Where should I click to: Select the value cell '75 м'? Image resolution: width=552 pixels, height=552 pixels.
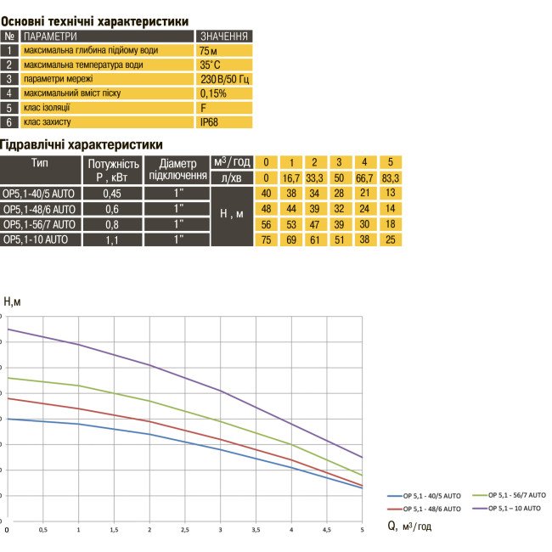click(209, 51)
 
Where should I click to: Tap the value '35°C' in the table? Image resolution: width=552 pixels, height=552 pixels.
click(210, 65)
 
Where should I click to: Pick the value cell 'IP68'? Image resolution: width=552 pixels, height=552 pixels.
click(209, 123)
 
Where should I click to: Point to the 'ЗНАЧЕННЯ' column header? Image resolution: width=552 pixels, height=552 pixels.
click(224, 37)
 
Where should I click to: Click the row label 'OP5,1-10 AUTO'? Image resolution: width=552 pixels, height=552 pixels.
click(35, 240)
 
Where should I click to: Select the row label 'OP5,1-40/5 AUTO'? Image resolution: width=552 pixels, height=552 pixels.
click(40, 193)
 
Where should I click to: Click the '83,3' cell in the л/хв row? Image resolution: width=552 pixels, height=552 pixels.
click(390, 177)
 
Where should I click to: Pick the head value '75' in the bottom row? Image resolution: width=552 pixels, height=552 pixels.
click(266, 240)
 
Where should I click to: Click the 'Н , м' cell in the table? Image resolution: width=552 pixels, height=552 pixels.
click(231, 216)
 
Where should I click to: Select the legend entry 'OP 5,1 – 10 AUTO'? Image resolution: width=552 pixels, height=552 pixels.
click(513, 508)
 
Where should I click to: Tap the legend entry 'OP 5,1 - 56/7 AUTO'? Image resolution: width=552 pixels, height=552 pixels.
click(517, 494)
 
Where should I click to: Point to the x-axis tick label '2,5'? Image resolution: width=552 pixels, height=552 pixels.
click(185, 531)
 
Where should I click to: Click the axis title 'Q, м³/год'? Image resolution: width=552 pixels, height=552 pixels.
click(410, 527)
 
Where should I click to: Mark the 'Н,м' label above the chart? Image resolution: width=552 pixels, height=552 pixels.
click(14, 301)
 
